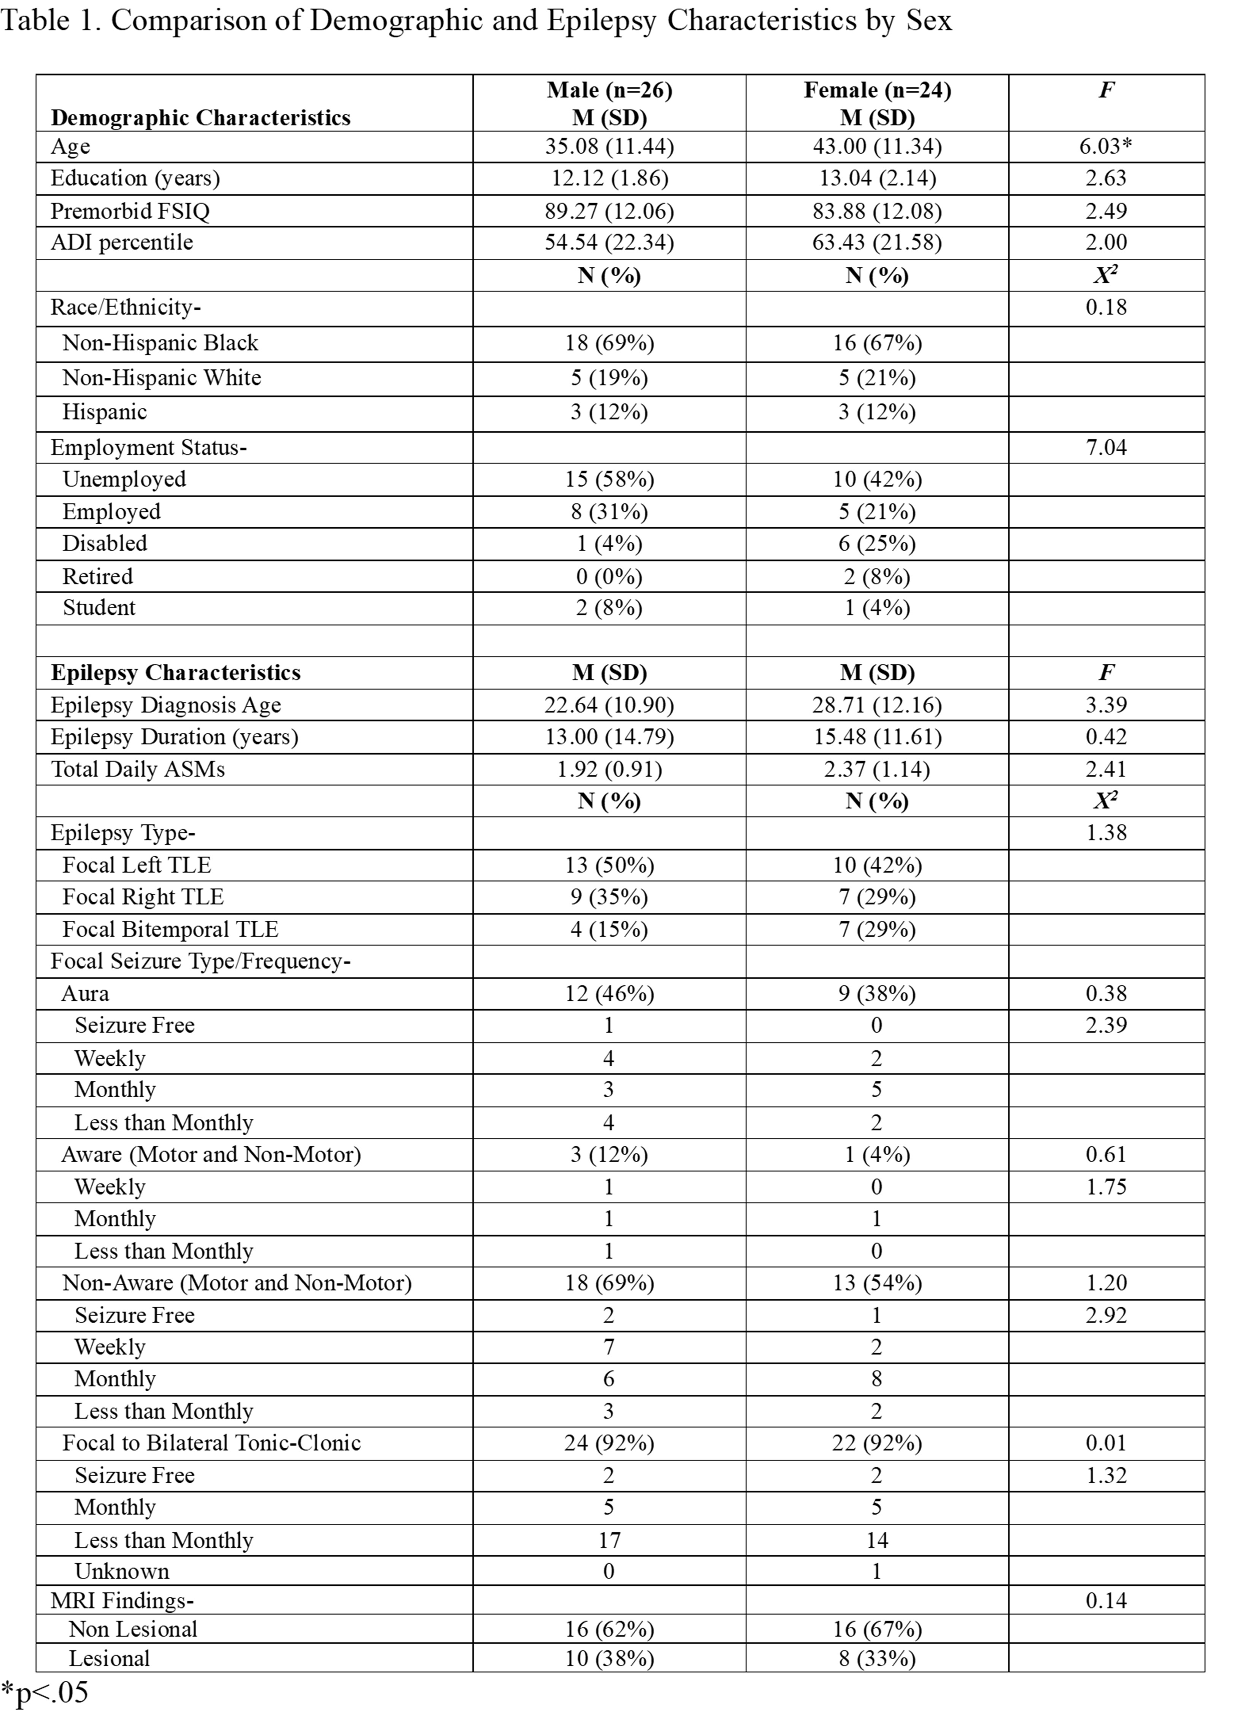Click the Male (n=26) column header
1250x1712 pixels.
click(x=609, y=90)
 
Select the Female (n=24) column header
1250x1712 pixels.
click(x=877, y=90)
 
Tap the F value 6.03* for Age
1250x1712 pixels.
click(x=1105, y=146)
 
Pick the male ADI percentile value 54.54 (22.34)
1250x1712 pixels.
click(x=609, y=242)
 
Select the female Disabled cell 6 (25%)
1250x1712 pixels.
click(x=877, y=543)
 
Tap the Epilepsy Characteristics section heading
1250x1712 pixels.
click(x=175, y=673)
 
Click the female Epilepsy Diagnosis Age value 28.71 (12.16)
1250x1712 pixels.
click(x=877, y=705)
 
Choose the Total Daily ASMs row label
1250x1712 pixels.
click(x=138, y=769)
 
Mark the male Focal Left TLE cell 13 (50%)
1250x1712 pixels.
click(x=609, y=865)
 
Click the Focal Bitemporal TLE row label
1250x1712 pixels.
click(x=170, y=929)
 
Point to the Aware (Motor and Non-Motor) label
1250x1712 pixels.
click(x=211, y=1154)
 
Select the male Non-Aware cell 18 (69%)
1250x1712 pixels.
click(x=609, y=1283)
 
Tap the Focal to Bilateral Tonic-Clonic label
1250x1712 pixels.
click(x=211, y=1443)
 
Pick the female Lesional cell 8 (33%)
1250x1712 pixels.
click(x=877, y=1658)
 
